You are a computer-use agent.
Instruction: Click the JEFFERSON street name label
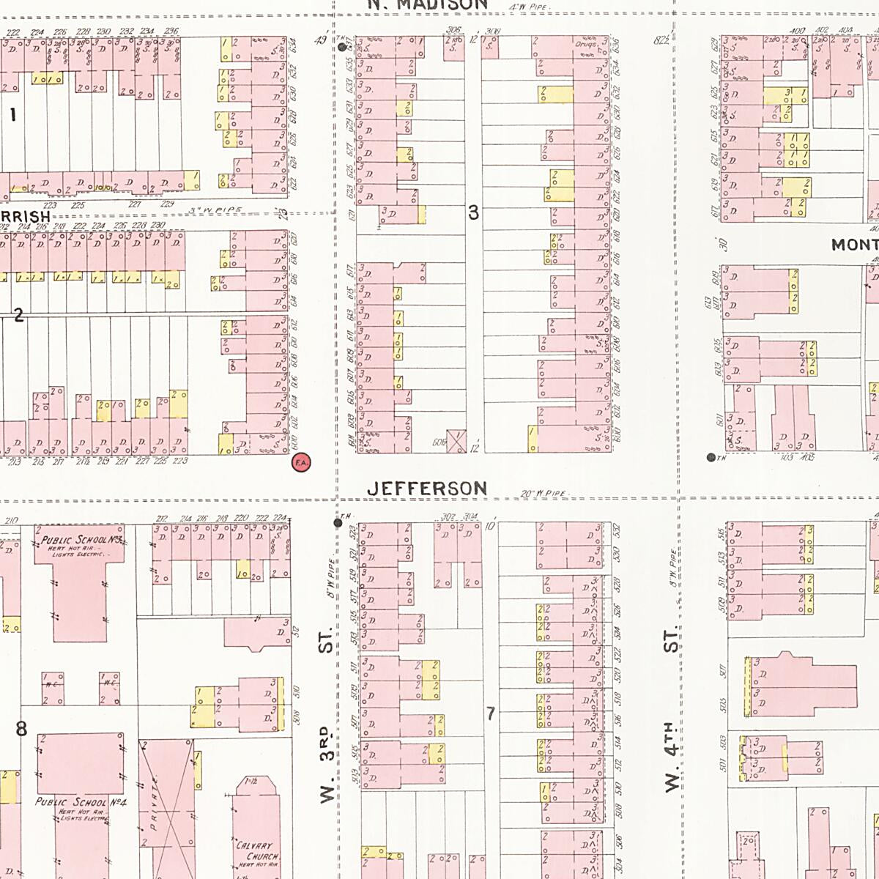click(427, 489)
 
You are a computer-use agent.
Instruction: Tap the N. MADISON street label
click(427, 4)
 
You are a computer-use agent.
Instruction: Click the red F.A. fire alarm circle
click(300, 462)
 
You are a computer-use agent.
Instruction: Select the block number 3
click(473, 212)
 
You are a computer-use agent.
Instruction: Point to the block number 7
click(490, 713)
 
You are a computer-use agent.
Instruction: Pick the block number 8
click(21, 728)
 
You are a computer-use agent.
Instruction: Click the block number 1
click(12, 114)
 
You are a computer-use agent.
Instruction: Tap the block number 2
click(18, 315)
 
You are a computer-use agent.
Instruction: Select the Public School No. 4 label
click(81, 802)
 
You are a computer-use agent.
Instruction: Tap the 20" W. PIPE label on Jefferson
click(543, 494)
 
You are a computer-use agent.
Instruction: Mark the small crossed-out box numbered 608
click(456, 441)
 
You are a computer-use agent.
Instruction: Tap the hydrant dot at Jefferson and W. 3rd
click(338, 523)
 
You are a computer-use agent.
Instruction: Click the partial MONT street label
click(854, 245)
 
